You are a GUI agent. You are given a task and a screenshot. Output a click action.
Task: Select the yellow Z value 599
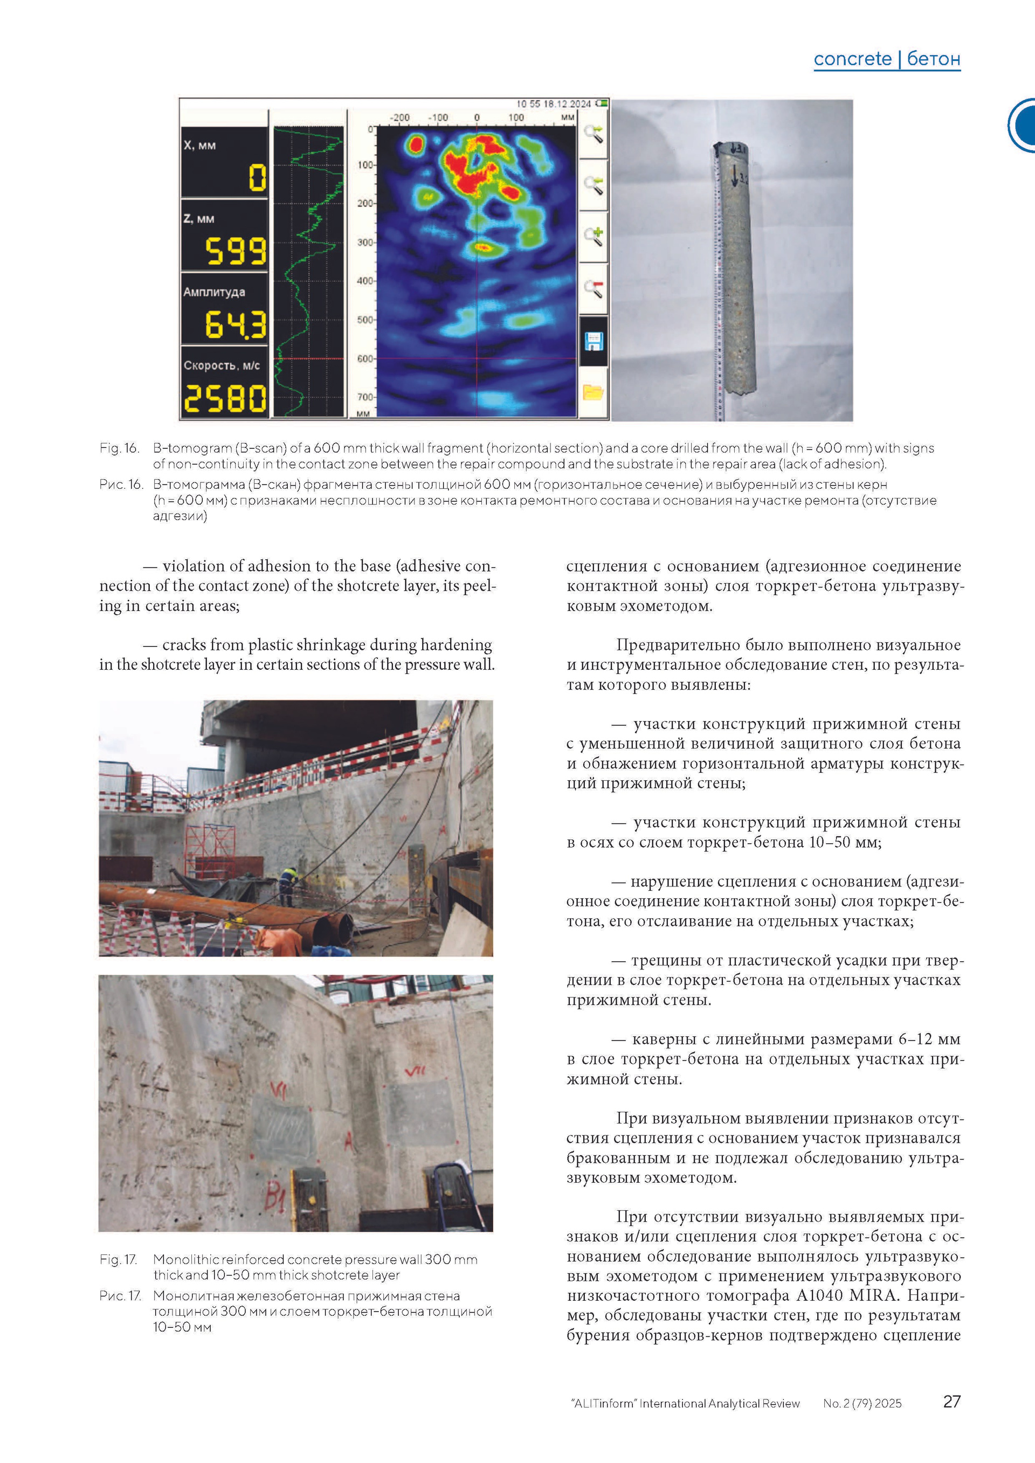coord(235,251)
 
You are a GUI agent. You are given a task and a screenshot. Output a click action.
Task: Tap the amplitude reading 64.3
coord(235,324)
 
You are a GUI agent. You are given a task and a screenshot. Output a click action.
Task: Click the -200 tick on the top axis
coord(399,118)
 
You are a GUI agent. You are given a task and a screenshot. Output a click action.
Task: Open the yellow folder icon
coord(594,392)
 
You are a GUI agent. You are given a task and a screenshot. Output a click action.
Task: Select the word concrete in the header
coord(852,59)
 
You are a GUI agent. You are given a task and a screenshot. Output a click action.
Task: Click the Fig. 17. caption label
coord(119,1259)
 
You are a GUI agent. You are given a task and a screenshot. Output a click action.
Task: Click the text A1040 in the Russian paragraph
coord(822,1295)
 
